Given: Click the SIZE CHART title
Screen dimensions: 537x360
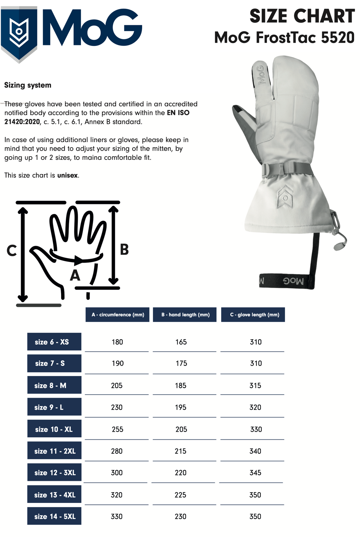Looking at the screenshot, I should click(302, 16).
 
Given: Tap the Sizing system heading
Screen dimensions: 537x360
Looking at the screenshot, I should click(28, 85).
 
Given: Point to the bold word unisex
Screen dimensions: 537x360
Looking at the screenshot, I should click(68, 175).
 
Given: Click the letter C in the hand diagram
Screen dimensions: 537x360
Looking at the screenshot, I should click(12, 251).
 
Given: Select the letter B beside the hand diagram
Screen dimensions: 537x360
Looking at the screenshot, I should click(124, 250).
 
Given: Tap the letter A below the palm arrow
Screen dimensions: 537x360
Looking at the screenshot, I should click(75, 275).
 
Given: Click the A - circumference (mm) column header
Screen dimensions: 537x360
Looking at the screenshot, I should click(117, 315).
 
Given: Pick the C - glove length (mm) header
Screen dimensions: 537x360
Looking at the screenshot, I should click(253, 315).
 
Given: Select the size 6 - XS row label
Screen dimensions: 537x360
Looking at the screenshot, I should click(54, 342).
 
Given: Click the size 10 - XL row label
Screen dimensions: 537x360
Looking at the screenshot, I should click(54, 429).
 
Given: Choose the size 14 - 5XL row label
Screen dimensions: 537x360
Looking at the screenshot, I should click(54, 516).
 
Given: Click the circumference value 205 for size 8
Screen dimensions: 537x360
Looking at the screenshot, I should click(117, 385).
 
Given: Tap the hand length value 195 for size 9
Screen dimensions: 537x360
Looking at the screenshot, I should click(181, 407).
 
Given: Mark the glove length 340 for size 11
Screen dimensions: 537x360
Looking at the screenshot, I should click(255, 451).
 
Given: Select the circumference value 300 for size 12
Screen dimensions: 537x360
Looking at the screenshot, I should click(117, 473).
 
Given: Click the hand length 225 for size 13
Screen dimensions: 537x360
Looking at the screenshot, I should click(180, 495).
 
